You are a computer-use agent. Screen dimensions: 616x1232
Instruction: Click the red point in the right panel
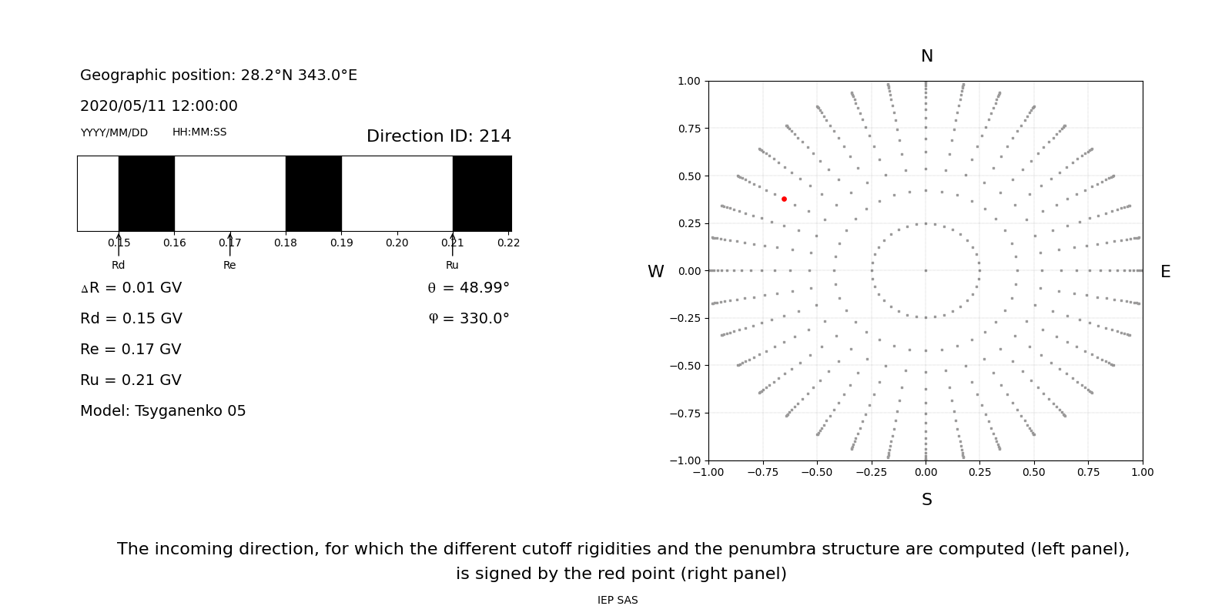(x=784, y=199)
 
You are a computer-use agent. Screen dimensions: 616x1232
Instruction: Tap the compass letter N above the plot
(x=926, y=56)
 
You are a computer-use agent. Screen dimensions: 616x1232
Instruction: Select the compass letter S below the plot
(x=926, y=500)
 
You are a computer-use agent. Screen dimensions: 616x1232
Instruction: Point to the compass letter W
(x=655, y=272)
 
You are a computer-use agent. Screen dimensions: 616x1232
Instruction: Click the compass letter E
(x=1165, y=272)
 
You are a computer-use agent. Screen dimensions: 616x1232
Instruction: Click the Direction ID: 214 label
(x=438, y=136)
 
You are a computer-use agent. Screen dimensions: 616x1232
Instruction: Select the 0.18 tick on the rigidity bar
(x=286, y=243)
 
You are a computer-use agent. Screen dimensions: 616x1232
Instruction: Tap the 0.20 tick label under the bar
(x=397, y=243)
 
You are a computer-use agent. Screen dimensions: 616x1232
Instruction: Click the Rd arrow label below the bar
(x=118, y=266)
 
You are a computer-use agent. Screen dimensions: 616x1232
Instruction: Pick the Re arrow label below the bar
(x=229, y=266)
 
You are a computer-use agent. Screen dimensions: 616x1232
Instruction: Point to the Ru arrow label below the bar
(x=452, y=266)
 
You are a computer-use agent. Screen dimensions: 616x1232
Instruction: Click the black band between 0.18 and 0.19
(x=313, y=193)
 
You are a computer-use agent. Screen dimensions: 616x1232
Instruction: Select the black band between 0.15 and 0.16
(x=146, y=193)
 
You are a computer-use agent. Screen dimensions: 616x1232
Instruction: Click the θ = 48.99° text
(x=468, y=288)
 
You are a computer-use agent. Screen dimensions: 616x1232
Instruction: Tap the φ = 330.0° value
(x=468, y=319)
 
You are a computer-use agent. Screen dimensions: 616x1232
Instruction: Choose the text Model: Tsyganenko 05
(x=163, y=411)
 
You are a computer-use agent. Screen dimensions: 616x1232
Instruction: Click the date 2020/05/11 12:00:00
(x=159, y=106)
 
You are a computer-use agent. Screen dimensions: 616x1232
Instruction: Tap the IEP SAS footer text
(x=618, y=601)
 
